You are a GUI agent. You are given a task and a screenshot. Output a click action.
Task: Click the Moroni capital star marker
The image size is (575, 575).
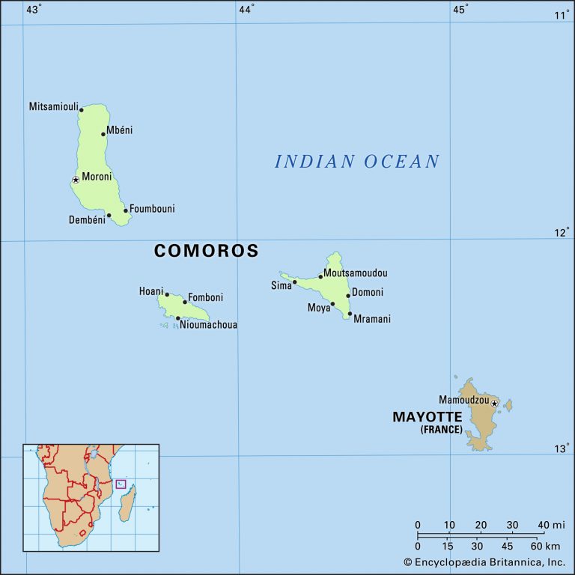[x=76, y=180]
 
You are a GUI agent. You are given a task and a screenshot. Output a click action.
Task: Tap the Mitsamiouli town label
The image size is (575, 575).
[x=53, y=106]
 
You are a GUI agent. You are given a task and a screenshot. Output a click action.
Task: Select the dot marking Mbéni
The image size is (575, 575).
[x=103, y=134]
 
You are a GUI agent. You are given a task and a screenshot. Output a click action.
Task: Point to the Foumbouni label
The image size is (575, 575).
[x=152, y=209]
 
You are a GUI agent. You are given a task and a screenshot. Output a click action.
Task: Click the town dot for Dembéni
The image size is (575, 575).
[x=109, y=216]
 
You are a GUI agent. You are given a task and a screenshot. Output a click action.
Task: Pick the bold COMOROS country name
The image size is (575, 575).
[x=206, y=251]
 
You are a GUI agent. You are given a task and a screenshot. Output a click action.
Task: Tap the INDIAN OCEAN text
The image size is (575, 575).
[x=357, y=161]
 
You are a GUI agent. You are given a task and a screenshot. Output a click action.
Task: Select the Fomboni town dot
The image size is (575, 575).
[x=184, y=302]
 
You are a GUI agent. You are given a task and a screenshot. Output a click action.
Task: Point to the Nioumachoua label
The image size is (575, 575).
[x=208, y=325]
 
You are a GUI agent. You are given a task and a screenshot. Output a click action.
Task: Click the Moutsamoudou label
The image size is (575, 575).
[x=356, y=273]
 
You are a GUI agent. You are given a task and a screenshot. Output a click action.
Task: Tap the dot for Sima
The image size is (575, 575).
[x=294, y=282]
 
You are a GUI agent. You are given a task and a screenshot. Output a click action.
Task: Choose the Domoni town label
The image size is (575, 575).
[x=368, y=292]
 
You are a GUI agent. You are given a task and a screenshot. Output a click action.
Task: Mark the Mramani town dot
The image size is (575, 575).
[x=350, y=314]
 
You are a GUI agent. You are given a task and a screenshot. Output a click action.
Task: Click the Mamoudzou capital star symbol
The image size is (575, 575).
[x=494, y=404]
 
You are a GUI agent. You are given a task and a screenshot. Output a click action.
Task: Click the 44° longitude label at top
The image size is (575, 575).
[x=246, y=9]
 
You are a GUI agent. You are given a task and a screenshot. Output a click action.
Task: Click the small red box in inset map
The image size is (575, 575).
[x=121, y=484]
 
